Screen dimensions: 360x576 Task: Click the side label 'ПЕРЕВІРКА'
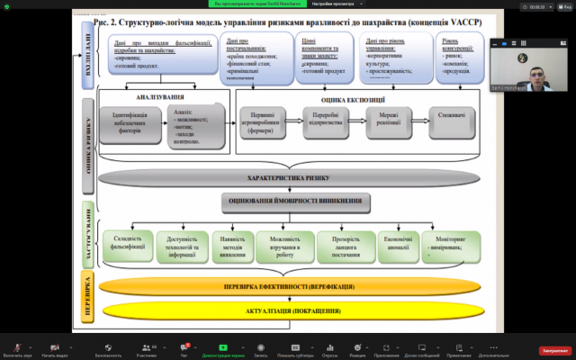[x=85, y=297]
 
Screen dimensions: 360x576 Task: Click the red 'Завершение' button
[x=554, y=350]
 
